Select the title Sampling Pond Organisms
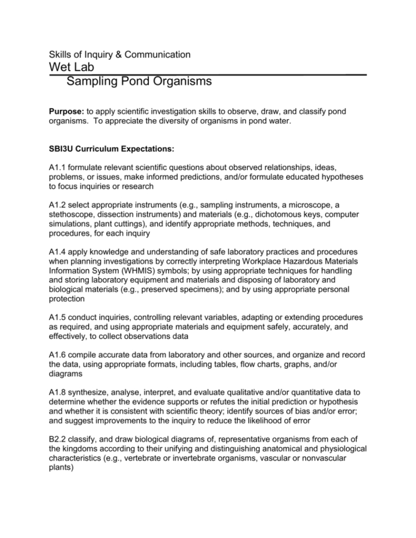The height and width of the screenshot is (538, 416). tap(139, 82)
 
